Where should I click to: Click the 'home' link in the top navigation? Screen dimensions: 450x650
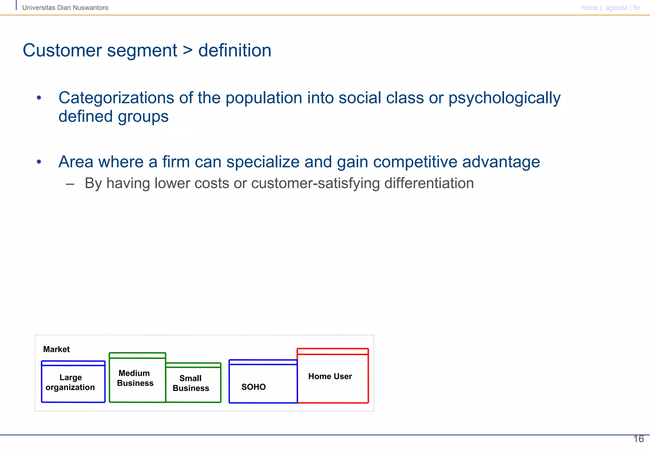(x=589, y=8)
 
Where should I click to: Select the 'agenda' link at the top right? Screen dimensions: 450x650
(x=616, y=8)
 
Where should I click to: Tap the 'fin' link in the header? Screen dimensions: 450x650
(x=636, y=8)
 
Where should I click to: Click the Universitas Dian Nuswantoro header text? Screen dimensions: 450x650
(x=65, y=8)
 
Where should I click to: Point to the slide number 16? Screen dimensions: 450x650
(x=638, y=439)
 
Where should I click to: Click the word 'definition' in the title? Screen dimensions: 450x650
(x=235, y=50)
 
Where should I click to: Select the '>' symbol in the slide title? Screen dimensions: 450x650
(x=188, y=51)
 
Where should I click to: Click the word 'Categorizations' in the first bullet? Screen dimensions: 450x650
(x=116, y=98)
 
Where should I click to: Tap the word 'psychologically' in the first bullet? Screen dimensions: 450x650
(x=504, y=98)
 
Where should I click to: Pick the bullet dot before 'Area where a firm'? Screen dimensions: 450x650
(x=39, y=162)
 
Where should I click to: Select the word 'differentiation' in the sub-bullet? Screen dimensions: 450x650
(x=429, y=183)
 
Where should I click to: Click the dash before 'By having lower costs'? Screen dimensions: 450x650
(x=70, y=184)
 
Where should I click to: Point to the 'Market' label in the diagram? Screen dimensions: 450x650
(x=56, y=349)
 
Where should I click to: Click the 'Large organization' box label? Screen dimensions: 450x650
(x=70, y=382)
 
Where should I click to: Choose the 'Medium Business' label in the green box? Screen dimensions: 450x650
(x=135, y=378)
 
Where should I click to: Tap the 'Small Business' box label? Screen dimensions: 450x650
(x=191, y=383)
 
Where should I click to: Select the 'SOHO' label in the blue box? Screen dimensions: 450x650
(x=253, y=387)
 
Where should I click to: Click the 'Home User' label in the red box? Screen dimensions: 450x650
(x=330, y=376)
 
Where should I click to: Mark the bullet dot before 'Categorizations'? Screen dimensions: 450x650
(x=39, y=98)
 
